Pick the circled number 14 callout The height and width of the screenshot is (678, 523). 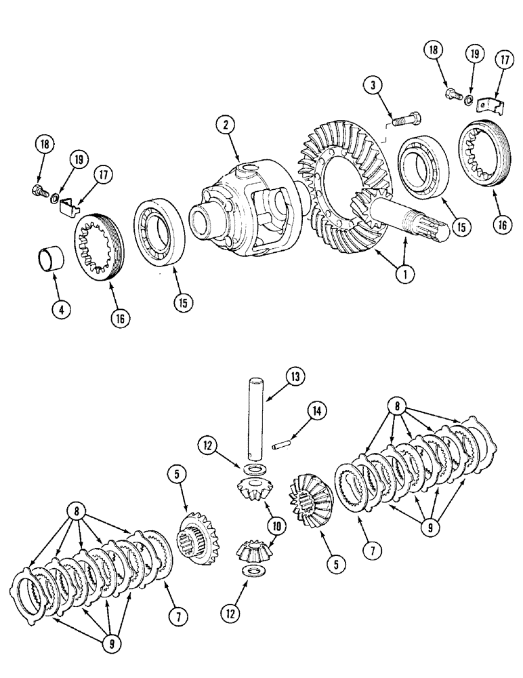tap(315, 410)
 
